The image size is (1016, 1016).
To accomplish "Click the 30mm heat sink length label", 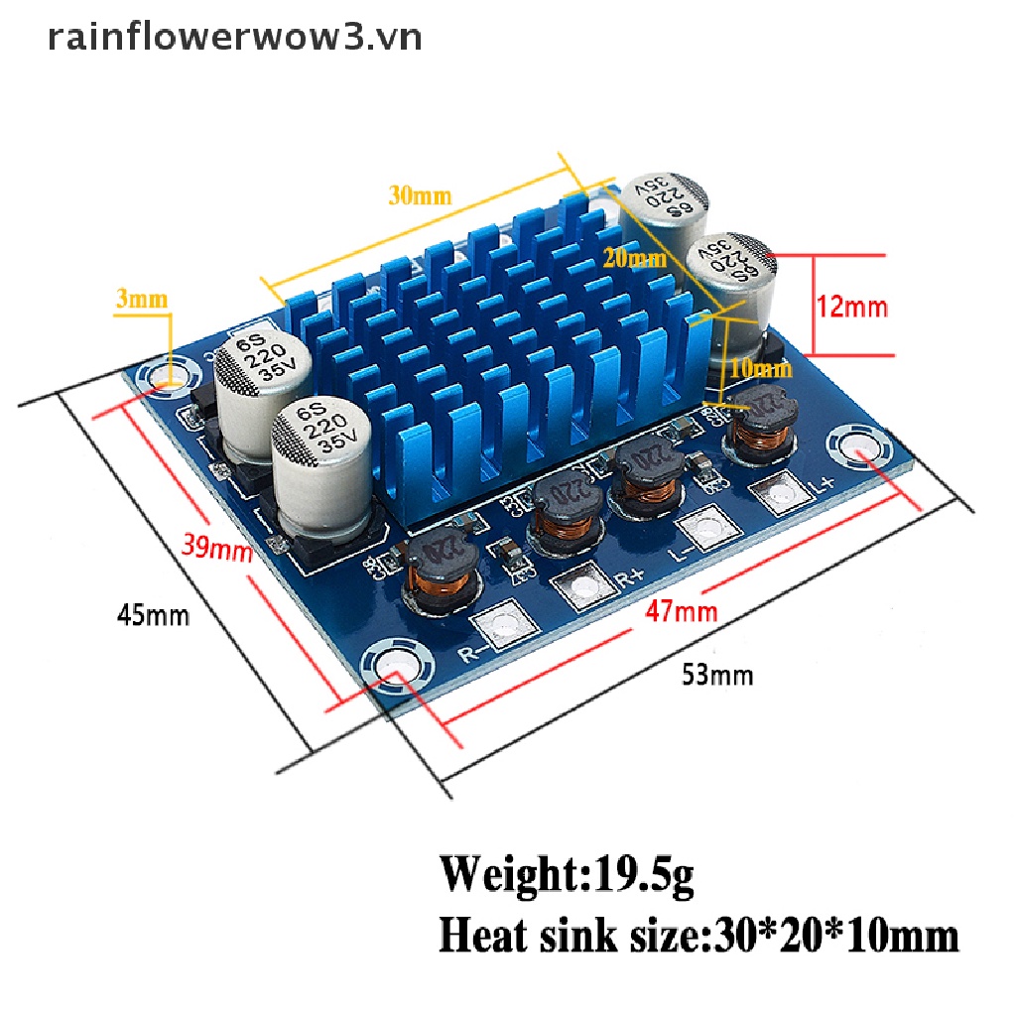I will click(x=420, y=195).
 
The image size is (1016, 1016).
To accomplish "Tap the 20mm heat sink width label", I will click(x=635, y=260).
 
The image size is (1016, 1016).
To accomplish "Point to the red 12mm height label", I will click(x=852, y=307).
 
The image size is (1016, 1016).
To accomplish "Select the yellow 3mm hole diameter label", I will click(x=142, y=298).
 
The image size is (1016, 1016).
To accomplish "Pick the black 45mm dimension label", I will click(x=153, y=615).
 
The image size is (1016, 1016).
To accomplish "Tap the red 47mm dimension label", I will click(x=681, y=609).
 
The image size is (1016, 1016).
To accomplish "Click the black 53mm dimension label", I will click(x=716, y=676).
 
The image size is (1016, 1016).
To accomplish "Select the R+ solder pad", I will click(x=578, y=585).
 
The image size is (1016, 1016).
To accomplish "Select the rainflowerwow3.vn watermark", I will click(x=234, y=37).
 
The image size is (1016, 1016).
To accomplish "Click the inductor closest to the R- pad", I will click(x=438, y=571).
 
